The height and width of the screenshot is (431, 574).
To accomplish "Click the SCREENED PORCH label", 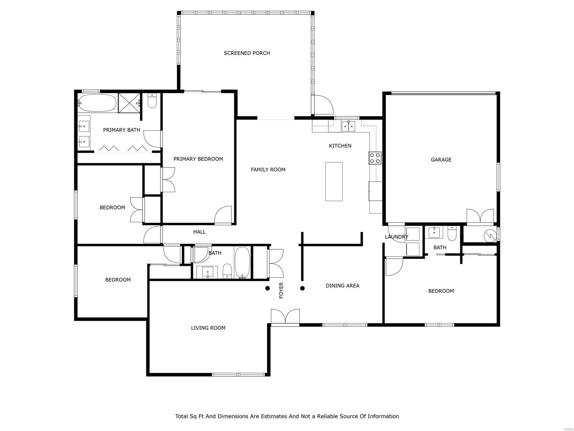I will pos(247,53).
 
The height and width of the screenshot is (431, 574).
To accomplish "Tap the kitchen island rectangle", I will pos(334,181).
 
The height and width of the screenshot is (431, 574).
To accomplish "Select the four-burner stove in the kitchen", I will pos(375,158).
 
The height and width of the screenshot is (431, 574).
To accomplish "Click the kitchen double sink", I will pos(348,126).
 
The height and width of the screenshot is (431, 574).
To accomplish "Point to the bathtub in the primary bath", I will pos(97,103).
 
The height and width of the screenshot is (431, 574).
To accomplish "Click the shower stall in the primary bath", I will pos(129,103).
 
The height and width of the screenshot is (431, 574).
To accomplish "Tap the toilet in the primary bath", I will pos(152,101).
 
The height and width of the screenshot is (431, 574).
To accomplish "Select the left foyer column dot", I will pos(267,288).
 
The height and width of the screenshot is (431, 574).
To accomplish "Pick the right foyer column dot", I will pos(302,288).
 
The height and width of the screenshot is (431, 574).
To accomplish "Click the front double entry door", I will pos(285,317).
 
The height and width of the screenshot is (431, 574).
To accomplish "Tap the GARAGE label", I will pos(441,160).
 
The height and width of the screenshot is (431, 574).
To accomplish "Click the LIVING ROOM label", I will pos(208,328).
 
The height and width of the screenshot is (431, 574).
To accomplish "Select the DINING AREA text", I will pos(342,286).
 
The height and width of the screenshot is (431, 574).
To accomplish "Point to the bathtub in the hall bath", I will pos(243,263).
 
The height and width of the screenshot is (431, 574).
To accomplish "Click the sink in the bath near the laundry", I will pos(434,232).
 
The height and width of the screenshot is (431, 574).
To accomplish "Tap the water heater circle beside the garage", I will pos(489,236).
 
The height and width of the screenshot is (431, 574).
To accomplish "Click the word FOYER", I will pos(281,290).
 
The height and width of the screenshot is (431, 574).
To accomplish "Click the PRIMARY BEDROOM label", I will pos(198,159).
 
